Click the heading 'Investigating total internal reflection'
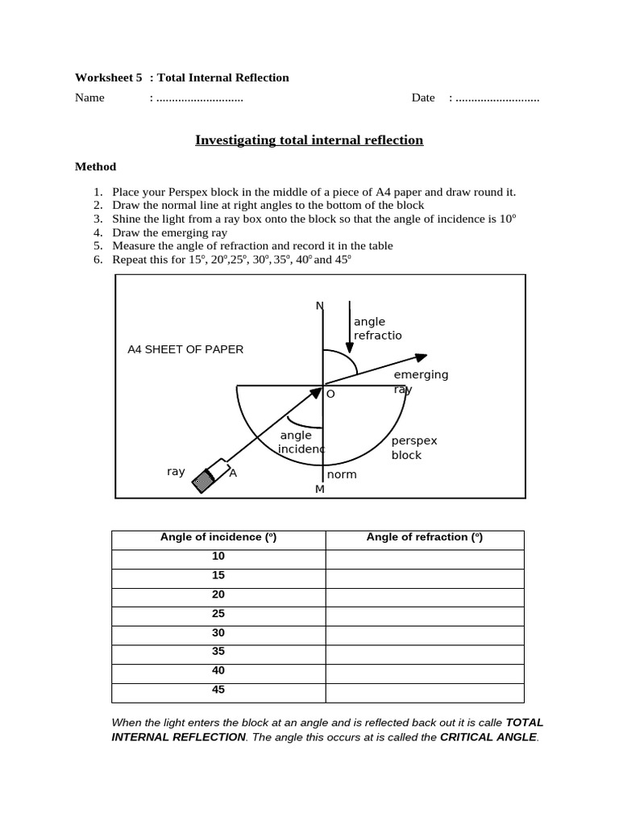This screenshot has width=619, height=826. coord(309,140)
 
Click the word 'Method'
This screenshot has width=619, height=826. coord(95,167)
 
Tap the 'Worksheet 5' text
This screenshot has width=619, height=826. coord(108,78)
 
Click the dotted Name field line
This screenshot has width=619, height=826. coord(199,98)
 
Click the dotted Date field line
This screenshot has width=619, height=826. coord(497,98)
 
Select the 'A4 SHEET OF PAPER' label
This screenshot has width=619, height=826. coord(185,349)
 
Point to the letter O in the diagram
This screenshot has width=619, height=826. coord(330,394)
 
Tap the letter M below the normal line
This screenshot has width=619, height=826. coord(319,490)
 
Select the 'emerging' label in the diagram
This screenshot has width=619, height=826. coord(421,375)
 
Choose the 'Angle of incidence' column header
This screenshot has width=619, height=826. coord(218,537)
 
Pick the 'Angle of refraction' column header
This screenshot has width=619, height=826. coord(425,537)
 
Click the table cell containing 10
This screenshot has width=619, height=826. coord(218,557)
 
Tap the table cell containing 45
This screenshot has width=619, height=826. coord(218,690)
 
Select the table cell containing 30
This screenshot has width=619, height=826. coord(218,633)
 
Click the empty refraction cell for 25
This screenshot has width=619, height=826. coord(425,614)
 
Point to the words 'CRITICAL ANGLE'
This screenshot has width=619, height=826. coord(488,737)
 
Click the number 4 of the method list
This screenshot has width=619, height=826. coord(98,232)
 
